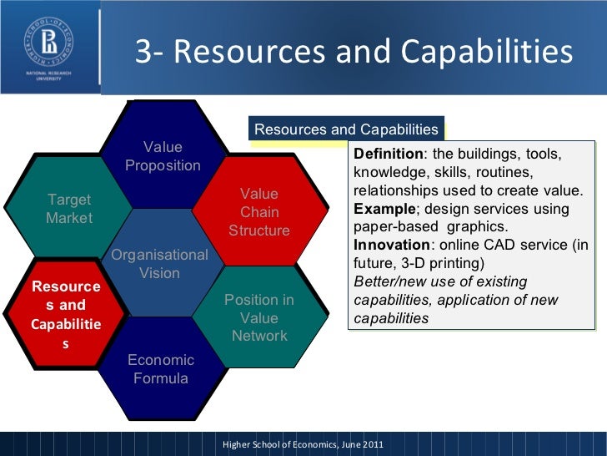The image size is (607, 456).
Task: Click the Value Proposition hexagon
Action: (163, 156)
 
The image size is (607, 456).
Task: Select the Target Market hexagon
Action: (68, 209)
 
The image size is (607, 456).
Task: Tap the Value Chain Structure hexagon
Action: (259, 212)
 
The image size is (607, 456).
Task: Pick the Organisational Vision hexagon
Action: (159, 264)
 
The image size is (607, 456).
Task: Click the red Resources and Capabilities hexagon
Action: (66, 314)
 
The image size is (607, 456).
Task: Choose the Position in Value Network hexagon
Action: (259, 318)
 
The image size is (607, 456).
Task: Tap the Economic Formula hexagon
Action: (161, 369)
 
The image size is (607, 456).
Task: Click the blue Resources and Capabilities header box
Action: (346, 129)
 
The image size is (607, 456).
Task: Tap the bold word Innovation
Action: (389, 246)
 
